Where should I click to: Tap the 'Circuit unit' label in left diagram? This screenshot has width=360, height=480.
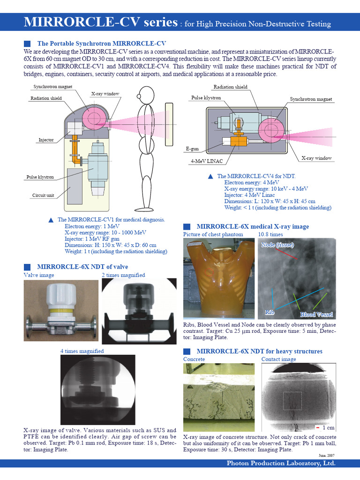tap(43, 195)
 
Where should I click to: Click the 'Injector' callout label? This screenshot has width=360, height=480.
tap(46, 140)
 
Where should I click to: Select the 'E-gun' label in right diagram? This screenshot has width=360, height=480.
tap(192, 149)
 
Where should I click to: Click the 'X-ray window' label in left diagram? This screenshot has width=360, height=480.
tap(105, 94)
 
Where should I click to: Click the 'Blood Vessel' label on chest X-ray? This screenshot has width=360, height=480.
tap(316, 314)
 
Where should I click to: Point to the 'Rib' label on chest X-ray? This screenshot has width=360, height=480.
tap(270, 312)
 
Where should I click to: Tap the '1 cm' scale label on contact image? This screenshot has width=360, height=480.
tap(328, 427)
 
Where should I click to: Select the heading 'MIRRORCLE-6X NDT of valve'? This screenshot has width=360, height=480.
tap(82, 266)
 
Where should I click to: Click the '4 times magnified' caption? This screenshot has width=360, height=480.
tap(82, 351)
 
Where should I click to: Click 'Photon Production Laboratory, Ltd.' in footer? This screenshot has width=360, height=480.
tap(281, 463)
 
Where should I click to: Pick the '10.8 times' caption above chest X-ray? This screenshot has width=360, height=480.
tap(270, 234)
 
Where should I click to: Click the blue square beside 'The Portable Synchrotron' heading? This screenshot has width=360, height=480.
tap(27, 44)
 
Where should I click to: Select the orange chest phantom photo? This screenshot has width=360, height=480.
tap(218, 278)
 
